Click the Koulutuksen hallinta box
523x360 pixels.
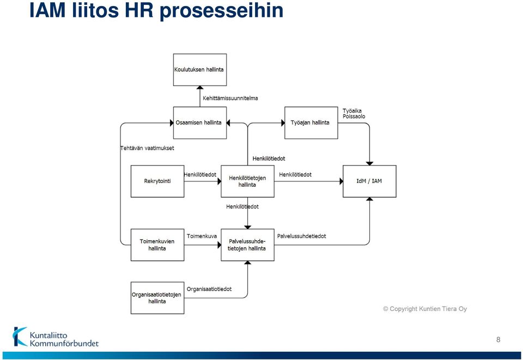tap(200, 70)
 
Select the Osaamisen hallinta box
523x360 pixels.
tap(200, 123)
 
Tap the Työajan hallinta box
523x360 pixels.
tap(311, 123)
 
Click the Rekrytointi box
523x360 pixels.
tap(157, 181)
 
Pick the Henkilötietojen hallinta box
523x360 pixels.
tap(247, 181)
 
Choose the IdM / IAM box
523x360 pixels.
tap(369, 181)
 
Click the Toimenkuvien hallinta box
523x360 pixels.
tap(157, 245)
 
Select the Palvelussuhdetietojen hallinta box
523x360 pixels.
tap(247, 245)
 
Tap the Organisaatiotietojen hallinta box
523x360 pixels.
tap(157, 298)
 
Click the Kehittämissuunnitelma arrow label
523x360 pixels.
tap(230, 98)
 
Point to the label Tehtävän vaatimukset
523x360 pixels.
tap(147, 148)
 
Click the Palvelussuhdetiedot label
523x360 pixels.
tap(301, 236)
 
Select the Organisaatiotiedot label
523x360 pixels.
tap(209, 289)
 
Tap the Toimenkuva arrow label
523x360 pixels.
tap(202, 236)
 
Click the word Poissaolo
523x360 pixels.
tap(354, 117)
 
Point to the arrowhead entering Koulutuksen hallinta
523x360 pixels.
tap(200, 88)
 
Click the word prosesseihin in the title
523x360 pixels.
tap(222, 11)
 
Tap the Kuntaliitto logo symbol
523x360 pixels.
tap(20, 337)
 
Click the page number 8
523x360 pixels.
tap(498, 340)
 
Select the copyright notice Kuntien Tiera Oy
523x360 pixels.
tap(425, 309)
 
